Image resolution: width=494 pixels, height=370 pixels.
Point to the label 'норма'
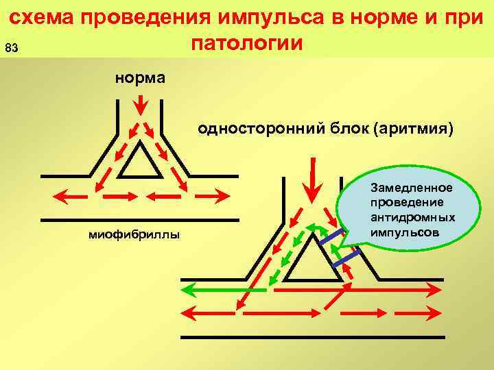(140, 77)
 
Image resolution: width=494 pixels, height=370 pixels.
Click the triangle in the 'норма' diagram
(140, 163)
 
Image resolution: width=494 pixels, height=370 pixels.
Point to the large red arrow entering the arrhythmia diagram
(313, 178)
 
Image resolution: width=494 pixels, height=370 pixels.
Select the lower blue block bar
(346, 259)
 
